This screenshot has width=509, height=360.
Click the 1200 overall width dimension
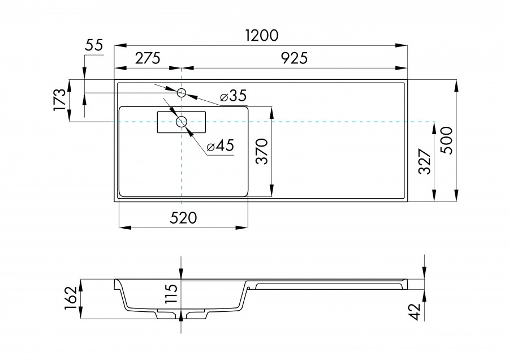coord(262,35)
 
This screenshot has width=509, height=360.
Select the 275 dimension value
coord(148,58)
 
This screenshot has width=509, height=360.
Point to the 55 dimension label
coord(94,46)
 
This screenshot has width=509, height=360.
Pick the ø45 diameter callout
coord(220,146)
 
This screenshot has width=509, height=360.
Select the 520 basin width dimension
coord(183,218)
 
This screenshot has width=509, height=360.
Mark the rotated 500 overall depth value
coord(446,140)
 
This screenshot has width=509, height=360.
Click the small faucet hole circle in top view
coord(182,92)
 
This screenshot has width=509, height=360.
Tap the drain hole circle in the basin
coord(182,121)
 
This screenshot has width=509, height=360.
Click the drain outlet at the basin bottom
coord(181,313)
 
